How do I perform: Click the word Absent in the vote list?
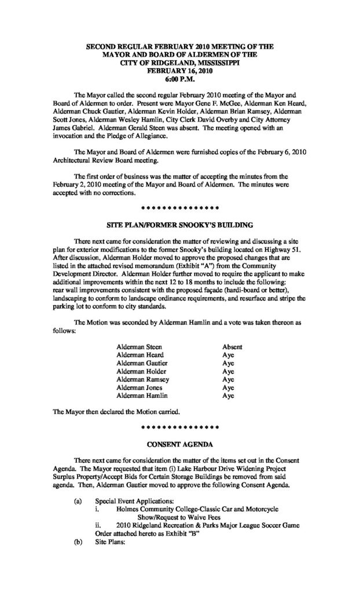(x=232, y=347)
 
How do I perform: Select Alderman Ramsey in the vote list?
(x=139, y=380)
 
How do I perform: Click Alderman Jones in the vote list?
(x=137, y=388)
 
